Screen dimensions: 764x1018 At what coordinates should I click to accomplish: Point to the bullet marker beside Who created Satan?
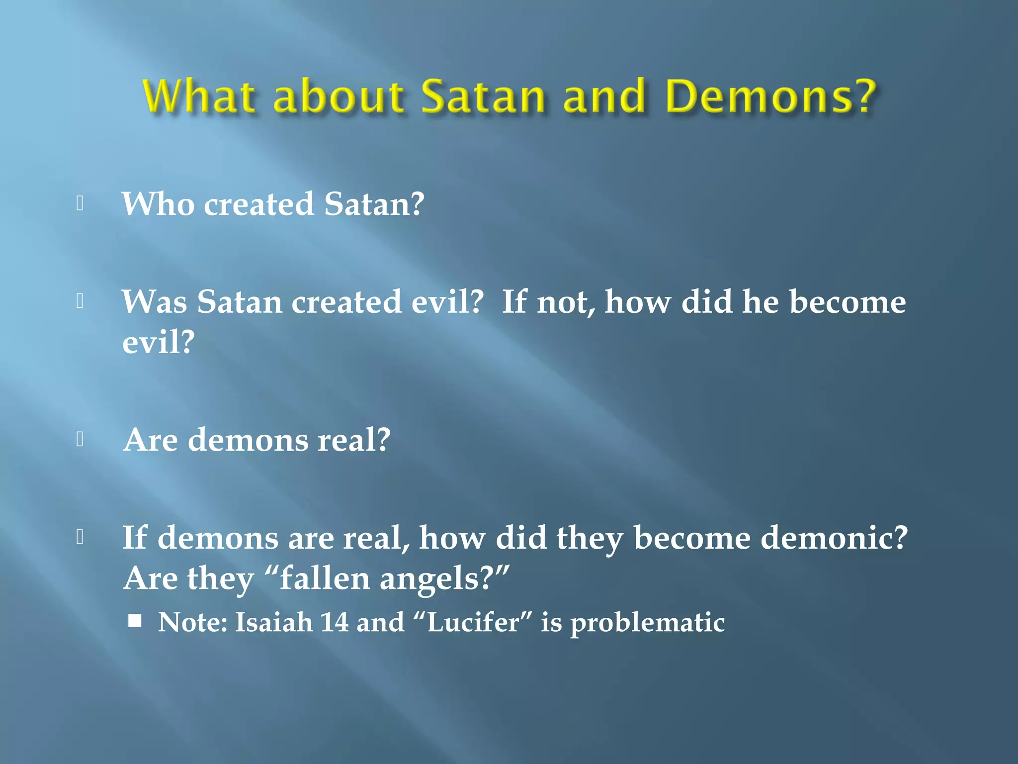tap(80, 203)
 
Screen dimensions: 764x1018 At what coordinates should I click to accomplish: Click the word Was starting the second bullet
tap(154, 302)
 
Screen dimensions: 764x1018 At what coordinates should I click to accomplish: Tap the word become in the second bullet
tap(848, 302)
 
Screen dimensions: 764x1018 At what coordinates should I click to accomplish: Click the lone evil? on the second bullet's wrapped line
tap(158, 342)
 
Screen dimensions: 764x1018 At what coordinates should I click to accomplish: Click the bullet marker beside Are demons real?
tap(80, 439)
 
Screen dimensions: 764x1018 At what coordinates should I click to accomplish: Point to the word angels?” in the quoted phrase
tap(444, 579)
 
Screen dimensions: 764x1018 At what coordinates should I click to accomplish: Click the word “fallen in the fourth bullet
tap(318, 579)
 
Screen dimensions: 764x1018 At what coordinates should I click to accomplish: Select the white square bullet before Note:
tap(135, 621)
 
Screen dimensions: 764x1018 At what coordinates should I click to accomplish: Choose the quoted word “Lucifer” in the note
tap(472, 622)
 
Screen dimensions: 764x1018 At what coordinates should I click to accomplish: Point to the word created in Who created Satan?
tap(259, 204)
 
